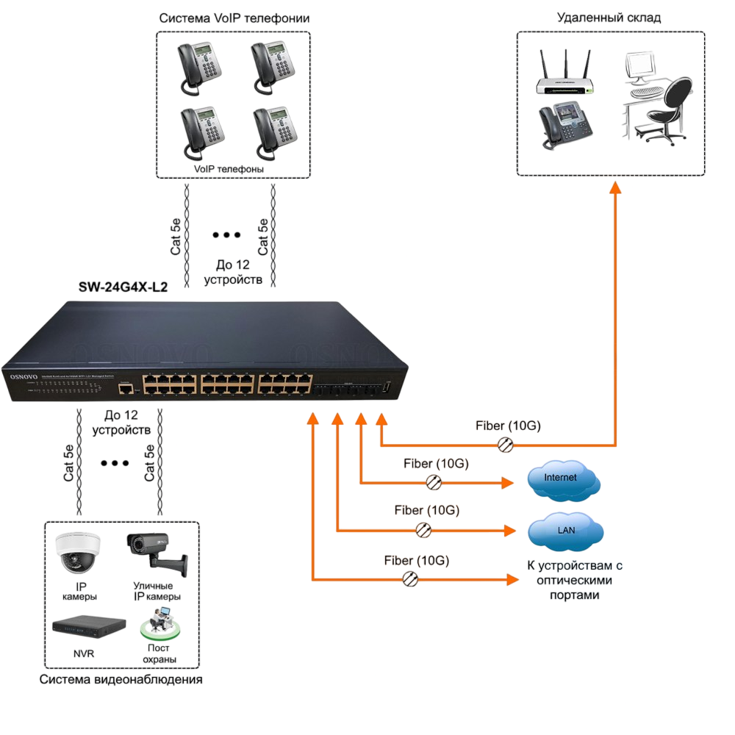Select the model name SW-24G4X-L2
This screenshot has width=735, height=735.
(x=123, y=288)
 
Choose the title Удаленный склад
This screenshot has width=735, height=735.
(x=609, y=18)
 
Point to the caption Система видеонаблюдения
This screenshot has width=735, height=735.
(x=121, y=680)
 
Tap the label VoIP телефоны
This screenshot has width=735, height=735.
(x=229, y=169)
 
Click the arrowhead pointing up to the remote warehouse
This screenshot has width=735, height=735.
(x=616, y=187)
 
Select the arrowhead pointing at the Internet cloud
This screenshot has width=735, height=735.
(x=507, y=483)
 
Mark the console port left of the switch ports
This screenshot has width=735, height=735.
(x=126, y=387)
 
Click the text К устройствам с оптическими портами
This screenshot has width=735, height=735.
(x=575, y=580)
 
